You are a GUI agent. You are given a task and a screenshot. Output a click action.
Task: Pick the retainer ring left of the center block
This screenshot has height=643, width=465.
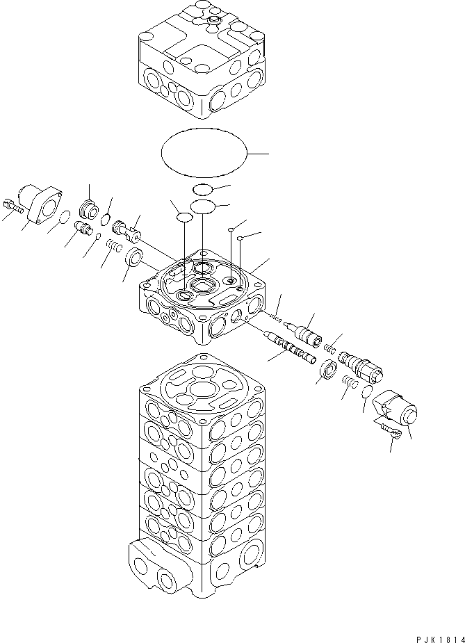pos(135,259)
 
